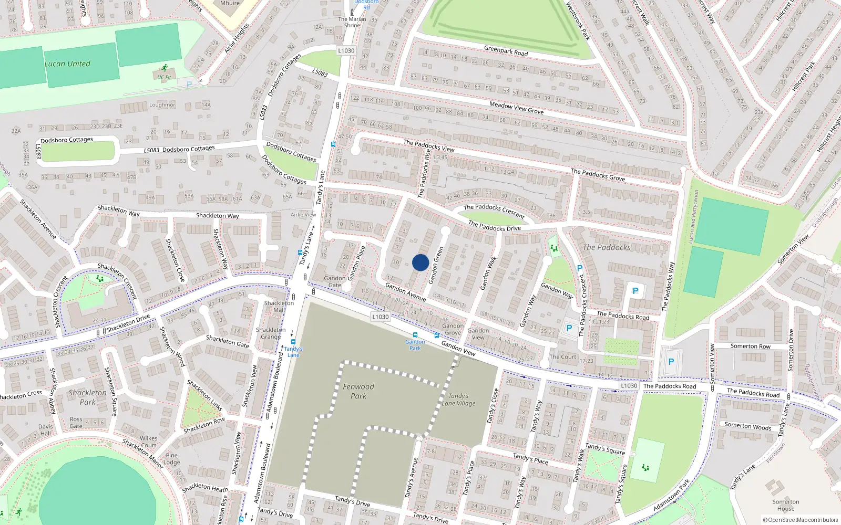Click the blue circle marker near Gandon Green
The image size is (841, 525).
click(x=420, y=262)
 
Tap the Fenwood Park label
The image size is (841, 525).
click(x=358, y=391)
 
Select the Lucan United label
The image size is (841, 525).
click(x=67, y=64)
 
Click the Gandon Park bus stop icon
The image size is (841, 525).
click(x=415, y=335)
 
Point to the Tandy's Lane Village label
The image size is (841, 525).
click(x=458, y=400)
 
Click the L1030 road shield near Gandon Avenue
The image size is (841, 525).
click(x=380, y=317)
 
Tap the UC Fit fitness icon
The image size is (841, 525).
click(x=165, y=68)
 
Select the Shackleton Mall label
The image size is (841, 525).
click(x=279, y=307)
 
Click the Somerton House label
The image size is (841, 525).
click(x=786, y=505)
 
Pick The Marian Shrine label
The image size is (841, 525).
click(x=352, y=22)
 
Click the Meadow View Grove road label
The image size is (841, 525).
click(x=516, y=108)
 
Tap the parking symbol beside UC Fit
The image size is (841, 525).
click(x=189, y=84)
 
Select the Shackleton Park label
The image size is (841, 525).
click(x=87, y=397)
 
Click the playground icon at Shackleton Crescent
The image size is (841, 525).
click(x=100, y=279)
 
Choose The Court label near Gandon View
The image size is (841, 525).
click(x=563, y=357)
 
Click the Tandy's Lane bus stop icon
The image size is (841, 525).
click(x=293, y=342)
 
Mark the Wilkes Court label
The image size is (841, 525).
click(x=148, y=442)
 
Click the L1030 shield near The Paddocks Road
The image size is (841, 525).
click(x=629, y=386)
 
